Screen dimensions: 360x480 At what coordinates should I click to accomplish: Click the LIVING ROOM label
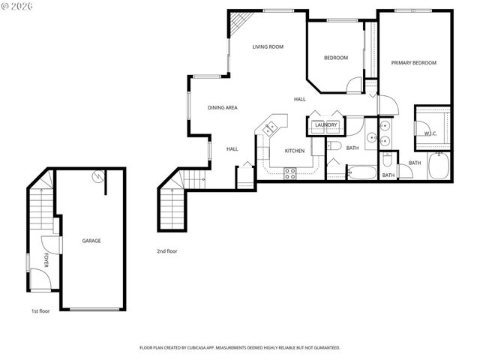click(268, 46)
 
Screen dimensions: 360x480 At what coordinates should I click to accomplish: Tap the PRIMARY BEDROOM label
click(413, 63)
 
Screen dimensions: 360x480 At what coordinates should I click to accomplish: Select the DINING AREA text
click(223, 108)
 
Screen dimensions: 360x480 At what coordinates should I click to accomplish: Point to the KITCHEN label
click(294, 151)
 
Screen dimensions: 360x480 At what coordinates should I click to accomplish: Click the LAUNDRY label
click(325, 124)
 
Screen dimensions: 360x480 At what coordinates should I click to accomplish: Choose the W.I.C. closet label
click(430, 133)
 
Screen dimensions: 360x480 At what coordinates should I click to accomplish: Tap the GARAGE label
click(91, 241)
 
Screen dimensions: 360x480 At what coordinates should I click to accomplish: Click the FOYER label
click(46, 260)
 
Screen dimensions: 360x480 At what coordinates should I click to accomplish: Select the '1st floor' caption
click(40, 310)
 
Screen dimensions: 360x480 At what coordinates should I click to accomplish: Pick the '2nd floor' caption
click(166, 251)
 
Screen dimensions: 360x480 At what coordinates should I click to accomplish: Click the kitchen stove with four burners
click(290, 172)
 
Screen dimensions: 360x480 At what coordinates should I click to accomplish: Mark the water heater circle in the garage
click(97, 177)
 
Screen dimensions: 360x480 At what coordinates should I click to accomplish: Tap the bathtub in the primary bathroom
click(439, 166)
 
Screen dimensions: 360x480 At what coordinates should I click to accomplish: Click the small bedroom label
click(335, 58)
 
